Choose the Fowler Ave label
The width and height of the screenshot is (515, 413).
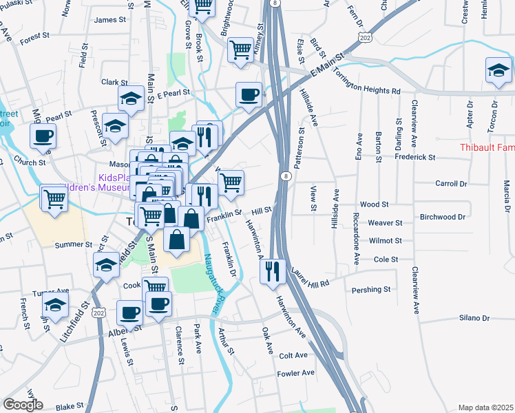coord(295,373)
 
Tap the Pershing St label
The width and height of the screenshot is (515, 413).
coord(372,290)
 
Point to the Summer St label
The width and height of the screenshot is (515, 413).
coord(74,244)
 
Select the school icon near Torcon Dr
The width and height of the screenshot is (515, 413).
coord(498,70)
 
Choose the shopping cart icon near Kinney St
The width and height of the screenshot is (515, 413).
coord(240,50)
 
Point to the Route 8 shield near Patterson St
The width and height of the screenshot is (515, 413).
coord(285,177)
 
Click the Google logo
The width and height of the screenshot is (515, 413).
coord(23,405)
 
